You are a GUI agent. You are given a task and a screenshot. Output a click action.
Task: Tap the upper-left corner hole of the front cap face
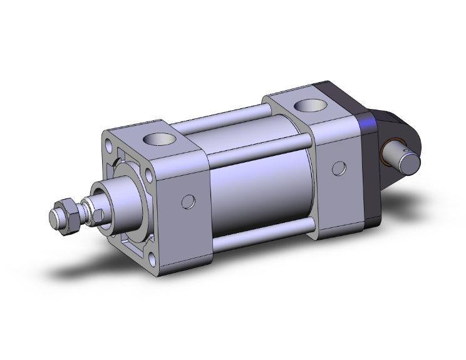click(x=110, y=146)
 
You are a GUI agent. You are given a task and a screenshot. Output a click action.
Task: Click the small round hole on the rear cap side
click(x=339, y=168)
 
